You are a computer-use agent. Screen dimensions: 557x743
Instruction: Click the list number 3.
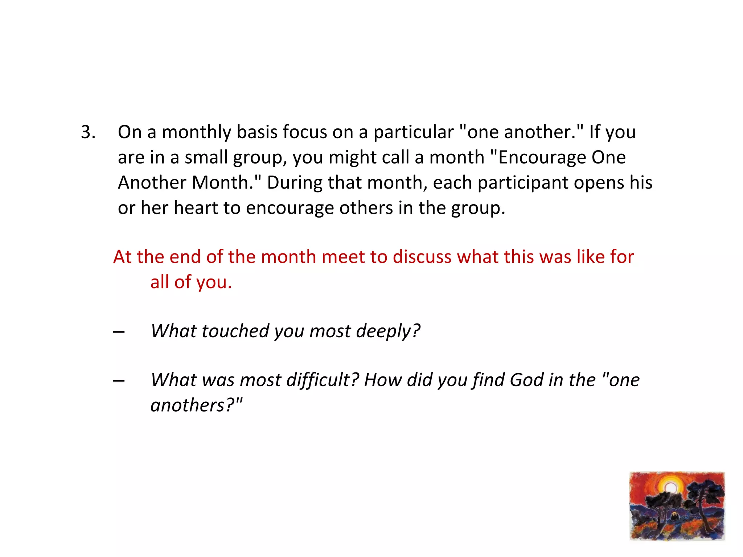point(88,132)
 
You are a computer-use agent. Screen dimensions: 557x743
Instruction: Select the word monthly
point(196,132)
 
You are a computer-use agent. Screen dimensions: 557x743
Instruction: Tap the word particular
point(414,132)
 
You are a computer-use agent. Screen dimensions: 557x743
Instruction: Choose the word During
point(294,183)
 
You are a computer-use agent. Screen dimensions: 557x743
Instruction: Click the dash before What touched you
point(119,332)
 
